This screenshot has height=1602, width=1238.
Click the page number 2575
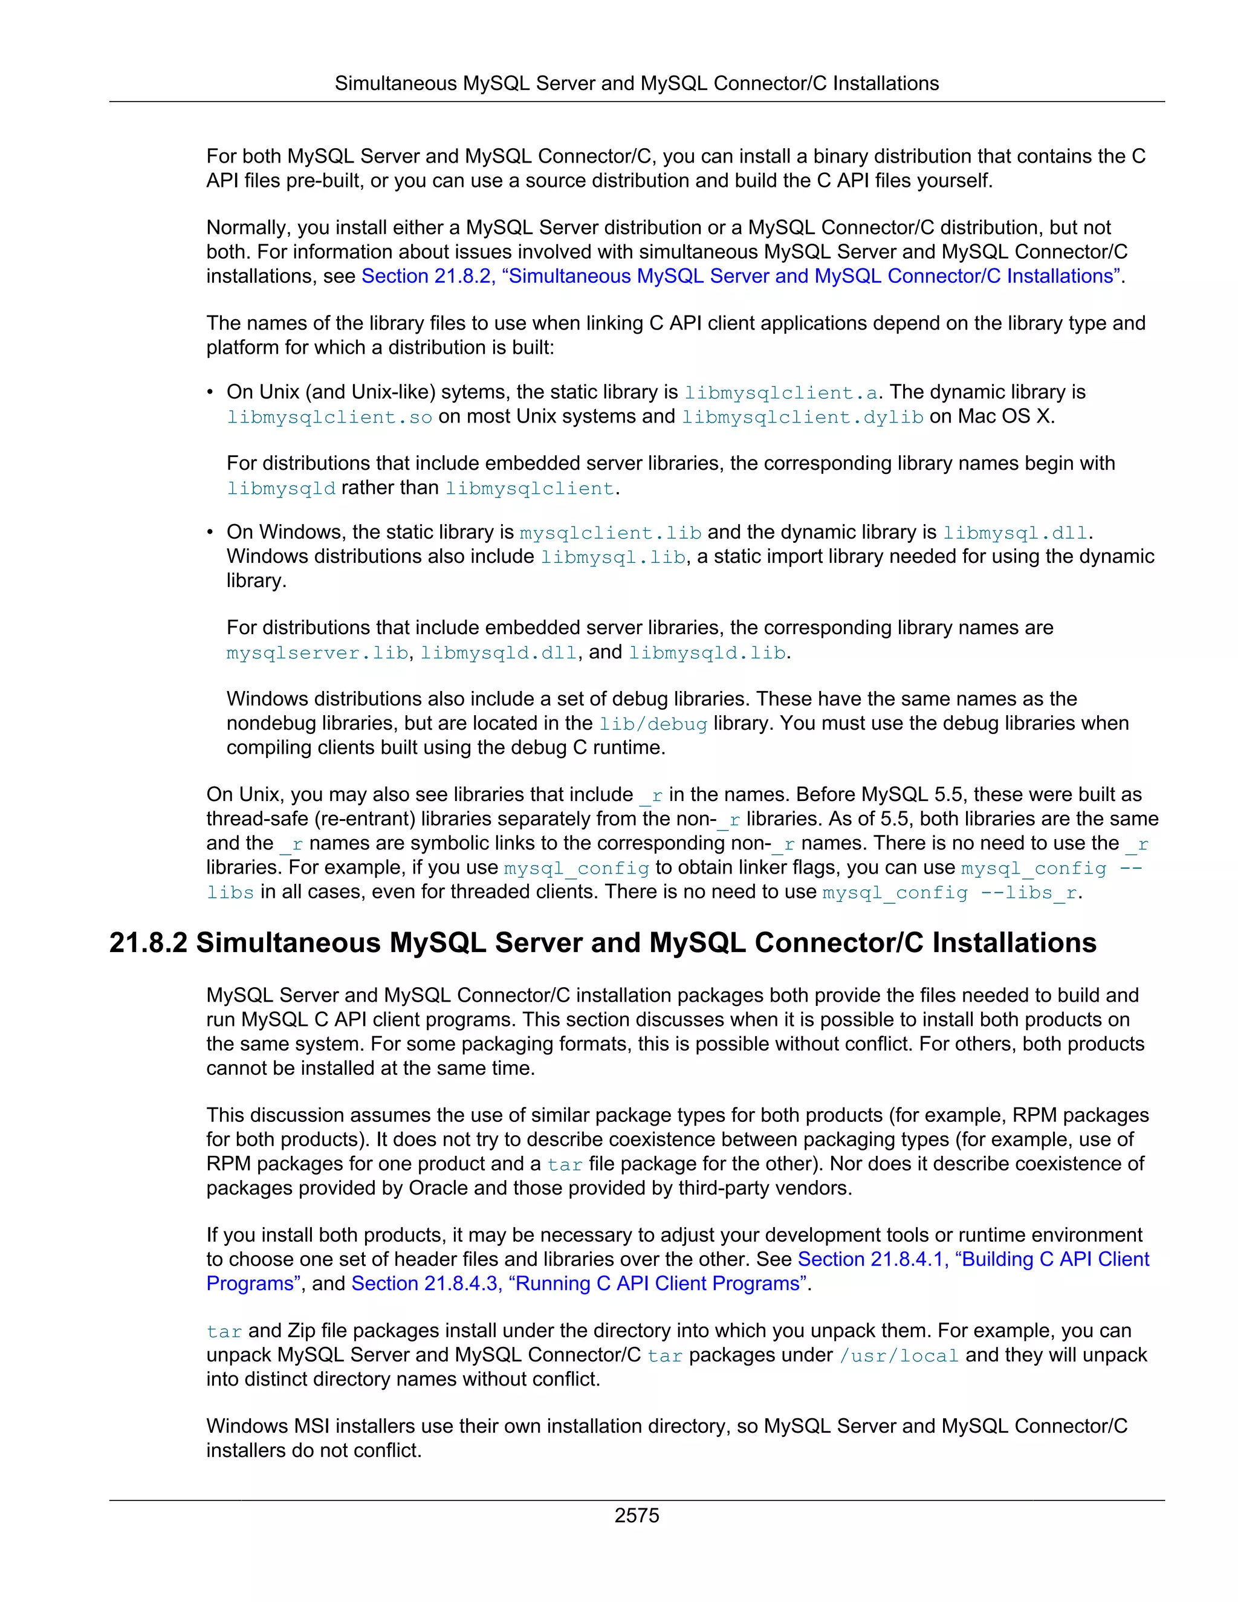637,1516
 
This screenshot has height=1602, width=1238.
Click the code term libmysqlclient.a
780,393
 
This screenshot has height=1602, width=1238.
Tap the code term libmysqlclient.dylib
802,417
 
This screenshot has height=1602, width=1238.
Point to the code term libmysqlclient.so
329,417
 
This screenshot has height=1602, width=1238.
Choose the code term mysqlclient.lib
610,533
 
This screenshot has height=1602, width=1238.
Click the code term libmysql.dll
1015,533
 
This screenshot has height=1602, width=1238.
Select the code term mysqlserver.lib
317,653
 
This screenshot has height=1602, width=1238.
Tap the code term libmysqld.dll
499,653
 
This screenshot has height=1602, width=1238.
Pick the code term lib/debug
653,724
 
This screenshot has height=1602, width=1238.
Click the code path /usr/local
899,1355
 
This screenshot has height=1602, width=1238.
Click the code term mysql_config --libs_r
950,893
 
